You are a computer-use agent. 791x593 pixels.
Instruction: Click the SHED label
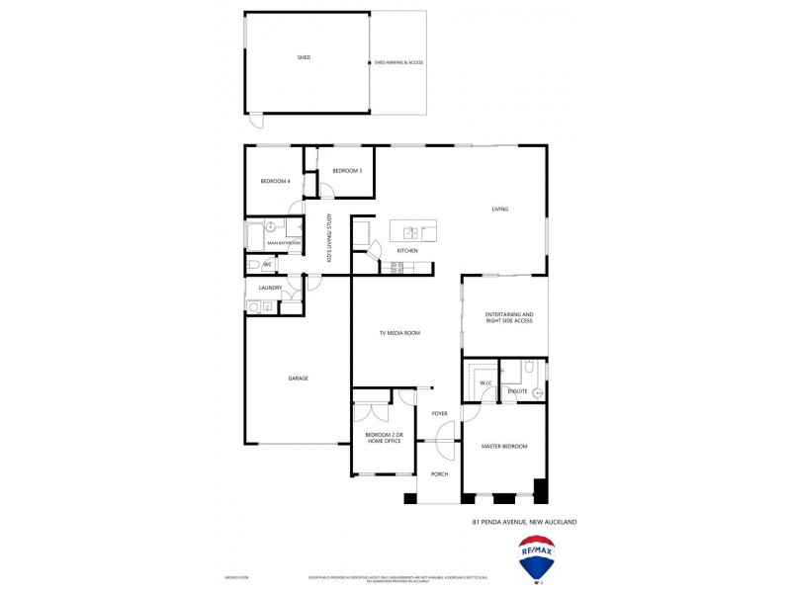point(304,57)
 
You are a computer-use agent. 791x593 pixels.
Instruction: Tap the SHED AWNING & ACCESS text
point(398,62)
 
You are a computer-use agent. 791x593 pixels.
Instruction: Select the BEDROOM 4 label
point(275,181)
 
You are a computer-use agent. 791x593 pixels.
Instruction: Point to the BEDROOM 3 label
point(347,171)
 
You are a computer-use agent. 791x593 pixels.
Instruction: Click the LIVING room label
point(500,209)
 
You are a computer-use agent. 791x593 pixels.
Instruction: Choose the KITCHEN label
point(407,250)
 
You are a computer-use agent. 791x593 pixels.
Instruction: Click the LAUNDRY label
point(270,288)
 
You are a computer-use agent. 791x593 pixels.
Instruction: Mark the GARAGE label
point(298,379)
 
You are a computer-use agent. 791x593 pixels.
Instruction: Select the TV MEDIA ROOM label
point(399,333)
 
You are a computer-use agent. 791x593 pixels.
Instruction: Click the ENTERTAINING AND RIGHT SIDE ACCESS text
point(509,317)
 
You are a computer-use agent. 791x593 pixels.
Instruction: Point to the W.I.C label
point(485,382)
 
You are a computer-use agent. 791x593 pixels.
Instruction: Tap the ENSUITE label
point(517,391)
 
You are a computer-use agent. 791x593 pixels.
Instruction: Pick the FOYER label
point(440,413)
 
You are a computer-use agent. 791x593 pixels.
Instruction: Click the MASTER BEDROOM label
point(504,447)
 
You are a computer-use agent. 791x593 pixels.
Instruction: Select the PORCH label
point(440,474)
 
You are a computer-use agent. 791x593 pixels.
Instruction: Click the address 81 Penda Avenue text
point(525,521)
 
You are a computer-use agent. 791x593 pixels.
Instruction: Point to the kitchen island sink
point(408,233)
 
